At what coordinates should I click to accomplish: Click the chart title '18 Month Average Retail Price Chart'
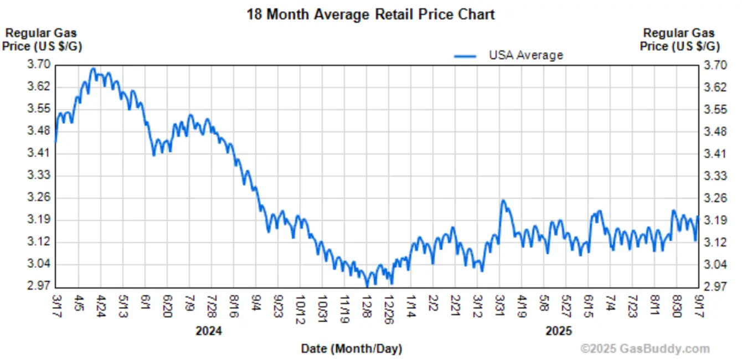click(370, 14)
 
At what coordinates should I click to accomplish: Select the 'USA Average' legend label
click(525, 55)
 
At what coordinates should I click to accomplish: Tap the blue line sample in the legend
click(465, 56)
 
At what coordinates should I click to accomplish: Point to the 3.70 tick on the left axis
click(38, 65)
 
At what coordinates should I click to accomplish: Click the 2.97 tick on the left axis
click(38, 286)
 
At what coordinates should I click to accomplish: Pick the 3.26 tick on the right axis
click(715, 198)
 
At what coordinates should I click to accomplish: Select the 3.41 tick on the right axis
click(715, 153)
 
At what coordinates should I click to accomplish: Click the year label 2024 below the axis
click(209, 331)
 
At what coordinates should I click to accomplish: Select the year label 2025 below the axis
click(558, 331)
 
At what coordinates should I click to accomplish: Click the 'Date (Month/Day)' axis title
click(352, 349)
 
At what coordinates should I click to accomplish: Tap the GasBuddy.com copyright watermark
click(645, 349)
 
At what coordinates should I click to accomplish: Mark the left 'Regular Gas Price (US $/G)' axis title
click(42, 40)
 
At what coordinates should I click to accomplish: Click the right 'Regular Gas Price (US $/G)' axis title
click(679, 40)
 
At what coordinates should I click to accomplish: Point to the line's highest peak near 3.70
click(93, 69)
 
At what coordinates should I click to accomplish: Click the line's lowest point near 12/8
click(367, 286)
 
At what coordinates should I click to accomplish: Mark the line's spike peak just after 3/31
click(503, 200)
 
